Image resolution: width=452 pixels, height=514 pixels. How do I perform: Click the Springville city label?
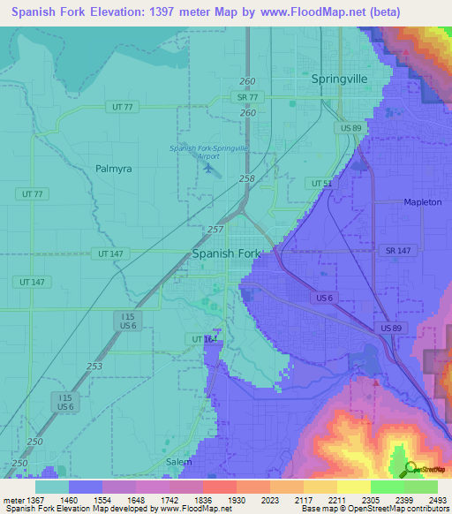coord(339,79)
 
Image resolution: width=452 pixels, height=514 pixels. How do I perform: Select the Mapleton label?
coord(422,202)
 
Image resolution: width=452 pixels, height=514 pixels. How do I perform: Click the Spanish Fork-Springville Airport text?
coord(207,152)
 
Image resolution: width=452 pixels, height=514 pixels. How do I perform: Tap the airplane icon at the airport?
coord(207,169)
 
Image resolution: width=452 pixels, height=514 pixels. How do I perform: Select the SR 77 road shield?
coord(246,96)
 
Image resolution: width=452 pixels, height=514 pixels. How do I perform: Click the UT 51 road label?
coord(321,183)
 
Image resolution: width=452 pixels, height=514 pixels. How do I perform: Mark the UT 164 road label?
coord(203,338)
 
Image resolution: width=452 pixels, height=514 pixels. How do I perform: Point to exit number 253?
coord(94,366)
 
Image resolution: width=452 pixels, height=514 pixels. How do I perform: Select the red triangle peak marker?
coord(375,383)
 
